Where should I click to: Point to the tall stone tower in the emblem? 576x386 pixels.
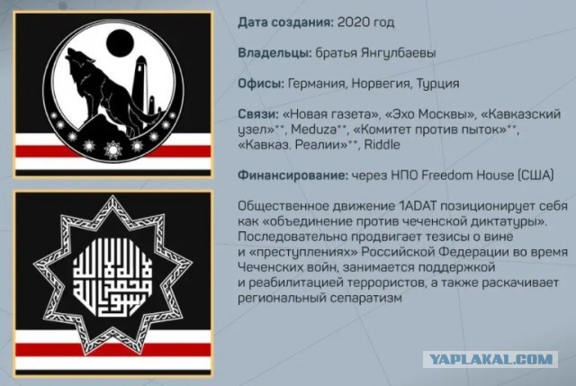(140, 85)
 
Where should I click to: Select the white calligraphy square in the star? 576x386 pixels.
(112, 276)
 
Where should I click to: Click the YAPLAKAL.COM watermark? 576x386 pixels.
(490, 359)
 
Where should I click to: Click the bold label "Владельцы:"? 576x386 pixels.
(275, 53)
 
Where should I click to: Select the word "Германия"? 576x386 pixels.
(317, 84)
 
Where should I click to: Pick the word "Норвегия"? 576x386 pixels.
(381, 84)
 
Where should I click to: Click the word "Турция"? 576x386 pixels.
(437, 84)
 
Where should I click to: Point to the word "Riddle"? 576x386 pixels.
(382, 144)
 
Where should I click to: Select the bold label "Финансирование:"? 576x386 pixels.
(292, 175)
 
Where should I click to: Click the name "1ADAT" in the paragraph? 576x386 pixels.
(417, 206)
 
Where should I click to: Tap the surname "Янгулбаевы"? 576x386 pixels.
(398, 53)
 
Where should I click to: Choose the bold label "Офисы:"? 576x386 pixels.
(261, 84)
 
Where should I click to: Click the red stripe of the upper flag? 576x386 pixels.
(112, 151)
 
